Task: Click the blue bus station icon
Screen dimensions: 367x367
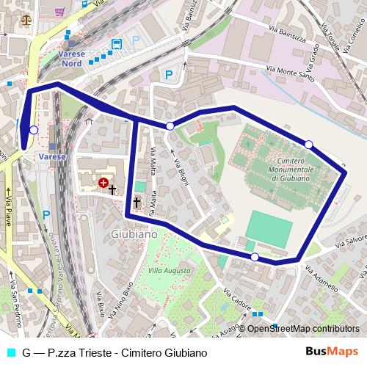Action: point(116,45)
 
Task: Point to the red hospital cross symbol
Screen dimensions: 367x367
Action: point(103,181)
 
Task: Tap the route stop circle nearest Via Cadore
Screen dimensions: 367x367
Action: point(255,257)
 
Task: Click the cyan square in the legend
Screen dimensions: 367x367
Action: point(9,352)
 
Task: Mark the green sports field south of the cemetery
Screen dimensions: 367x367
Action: point(269,228)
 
